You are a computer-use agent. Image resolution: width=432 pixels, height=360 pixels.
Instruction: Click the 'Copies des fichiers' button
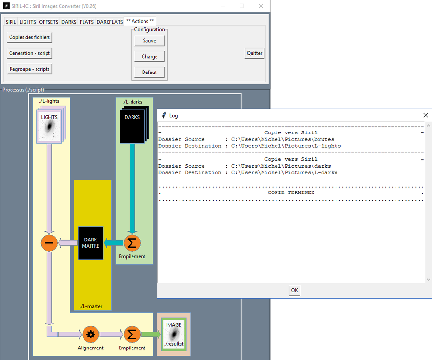tap(29, 37)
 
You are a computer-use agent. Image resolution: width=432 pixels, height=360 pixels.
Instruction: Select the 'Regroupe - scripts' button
tap(29, 69)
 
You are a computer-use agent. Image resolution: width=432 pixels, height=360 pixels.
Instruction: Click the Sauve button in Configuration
tap(149, 41)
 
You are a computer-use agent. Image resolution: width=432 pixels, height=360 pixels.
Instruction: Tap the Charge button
tap(149, 57)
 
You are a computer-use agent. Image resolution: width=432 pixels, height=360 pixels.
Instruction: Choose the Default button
tap(149, 72)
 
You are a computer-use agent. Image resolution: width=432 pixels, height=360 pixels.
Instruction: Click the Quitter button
tap(254, 53)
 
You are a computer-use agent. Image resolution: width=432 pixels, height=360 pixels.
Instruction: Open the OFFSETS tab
tap(48, 22)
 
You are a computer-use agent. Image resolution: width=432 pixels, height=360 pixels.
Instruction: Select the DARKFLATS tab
tap(110, 22)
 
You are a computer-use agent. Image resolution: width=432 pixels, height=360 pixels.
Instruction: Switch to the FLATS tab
tap(86, 22)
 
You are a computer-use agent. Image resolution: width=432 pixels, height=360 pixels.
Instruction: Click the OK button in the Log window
tap(295, 290)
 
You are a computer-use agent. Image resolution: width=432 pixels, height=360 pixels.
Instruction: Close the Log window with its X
tap(425, 115)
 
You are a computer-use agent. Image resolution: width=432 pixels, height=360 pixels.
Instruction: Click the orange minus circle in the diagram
tap(49, 243)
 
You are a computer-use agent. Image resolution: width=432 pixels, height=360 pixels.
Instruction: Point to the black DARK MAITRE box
tap(91, 243)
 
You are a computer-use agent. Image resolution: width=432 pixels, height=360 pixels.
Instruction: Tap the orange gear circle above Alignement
tap(90, 334)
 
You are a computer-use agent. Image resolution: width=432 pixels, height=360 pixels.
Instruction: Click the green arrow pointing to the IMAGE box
tap(151, 334)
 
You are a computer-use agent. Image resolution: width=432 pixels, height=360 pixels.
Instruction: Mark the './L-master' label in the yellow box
tap(91, 306)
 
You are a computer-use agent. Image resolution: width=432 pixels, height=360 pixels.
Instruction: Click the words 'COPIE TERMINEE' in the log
tap(291, 192)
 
